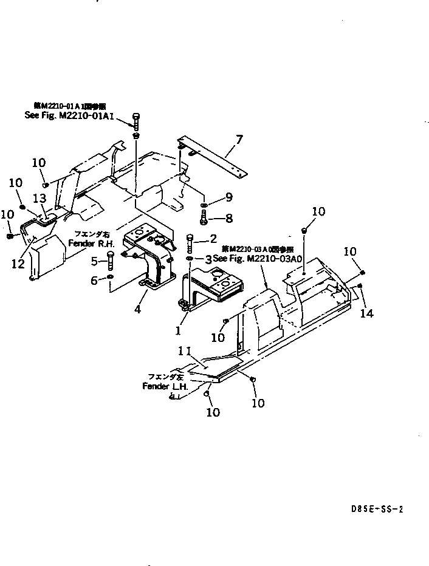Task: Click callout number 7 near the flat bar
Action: pos(238,141)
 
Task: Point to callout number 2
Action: pos(212,238)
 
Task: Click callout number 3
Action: pos(208,259)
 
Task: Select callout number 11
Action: pos(185,351)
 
